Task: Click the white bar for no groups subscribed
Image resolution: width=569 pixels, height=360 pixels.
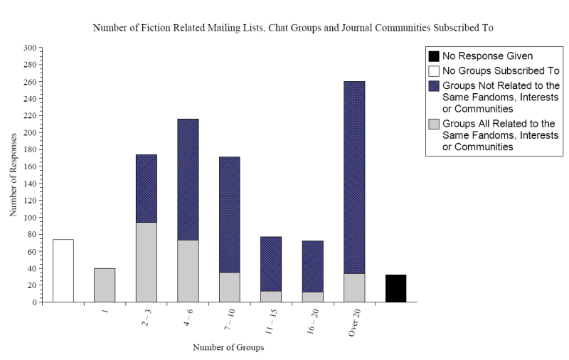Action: tap(63, 270)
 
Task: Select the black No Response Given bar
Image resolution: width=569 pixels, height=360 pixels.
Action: tap(395, 288)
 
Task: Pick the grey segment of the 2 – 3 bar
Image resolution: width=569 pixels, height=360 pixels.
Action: tap(147, 262)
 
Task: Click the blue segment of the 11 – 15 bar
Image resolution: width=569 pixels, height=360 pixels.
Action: tap(271, 264)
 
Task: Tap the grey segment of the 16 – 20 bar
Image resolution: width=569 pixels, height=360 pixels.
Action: tap(312, 297)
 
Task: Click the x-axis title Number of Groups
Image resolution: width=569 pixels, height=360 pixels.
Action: tap(228, 347)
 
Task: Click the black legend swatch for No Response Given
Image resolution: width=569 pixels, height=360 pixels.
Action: tap(433, 55)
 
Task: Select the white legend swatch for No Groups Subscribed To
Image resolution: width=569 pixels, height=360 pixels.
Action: tap(433, 70)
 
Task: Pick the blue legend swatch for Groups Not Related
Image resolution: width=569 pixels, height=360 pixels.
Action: tap(433, 85)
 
